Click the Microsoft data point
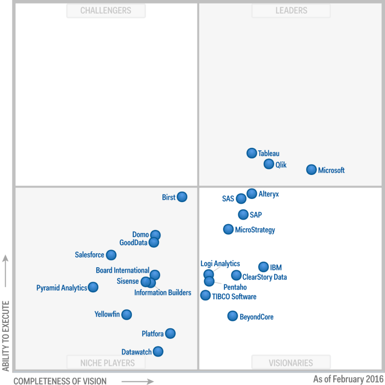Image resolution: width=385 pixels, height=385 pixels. pyautogui.click(x=311, y=169)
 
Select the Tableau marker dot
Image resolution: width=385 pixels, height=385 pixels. pyautogui.click(x=252, y=153)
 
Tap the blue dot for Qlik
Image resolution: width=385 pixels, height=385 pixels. pyautogui.click(x=269, y=164)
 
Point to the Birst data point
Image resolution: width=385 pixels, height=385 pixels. pyautogui.click(x=182, y=197)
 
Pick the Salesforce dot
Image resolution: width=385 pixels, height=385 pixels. pyautogui.click(x=111, y=255)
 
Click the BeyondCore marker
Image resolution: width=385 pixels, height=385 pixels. pyautogui.click(x=233, y=316)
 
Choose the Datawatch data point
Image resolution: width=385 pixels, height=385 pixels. pyautogui.click(x=158, y=351)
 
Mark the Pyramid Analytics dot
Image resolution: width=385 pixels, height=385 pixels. pyautogui.click(x=93, y=287)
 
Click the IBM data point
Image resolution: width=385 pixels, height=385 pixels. pyautogui.click(x=263, y=267)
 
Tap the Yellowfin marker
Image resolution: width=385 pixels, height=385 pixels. pyautogui.click(x=126, y=314)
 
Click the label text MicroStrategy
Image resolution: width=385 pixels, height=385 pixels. pyautogui.click(x=255, y=230)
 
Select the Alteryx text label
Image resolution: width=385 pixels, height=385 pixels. pyautogui.click(x=269, y=194)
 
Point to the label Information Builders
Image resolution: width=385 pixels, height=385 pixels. pyautogui.click(x=162, y=293)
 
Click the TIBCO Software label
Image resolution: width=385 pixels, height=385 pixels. pyautogui.click(x=234, y=297)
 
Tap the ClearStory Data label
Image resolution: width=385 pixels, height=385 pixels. pyautogui.click(x=264, y=277)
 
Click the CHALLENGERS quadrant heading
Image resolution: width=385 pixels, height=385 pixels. pyautogui.click(x=106, y=11)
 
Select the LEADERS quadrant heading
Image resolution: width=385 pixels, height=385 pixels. pyautogui.click(x=291, y=11)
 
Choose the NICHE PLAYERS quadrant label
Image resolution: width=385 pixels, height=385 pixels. pyautogui.click(x=107, y=362)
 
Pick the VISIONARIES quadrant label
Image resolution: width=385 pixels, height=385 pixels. pyautogui.click(x=291, y=362)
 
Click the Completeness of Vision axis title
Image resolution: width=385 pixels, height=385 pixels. pyautogui.click(x=60, y=381)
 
